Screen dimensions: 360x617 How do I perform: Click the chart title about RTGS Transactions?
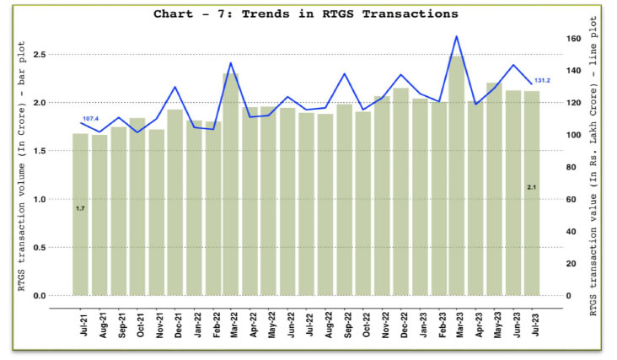(305, 14)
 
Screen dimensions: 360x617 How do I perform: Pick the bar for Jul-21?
(80, 214)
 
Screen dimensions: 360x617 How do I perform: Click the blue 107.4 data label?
(91, 119)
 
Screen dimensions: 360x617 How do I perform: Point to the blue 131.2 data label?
(541, 80)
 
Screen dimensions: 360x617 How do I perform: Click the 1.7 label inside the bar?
(80, 207)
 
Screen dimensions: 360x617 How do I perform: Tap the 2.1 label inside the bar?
(532, 186)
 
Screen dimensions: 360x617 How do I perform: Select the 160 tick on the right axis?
(573, 39)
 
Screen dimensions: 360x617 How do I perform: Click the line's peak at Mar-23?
(456, 36)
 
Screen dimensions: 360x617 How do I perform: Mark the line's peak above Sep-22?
(344, 74)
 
